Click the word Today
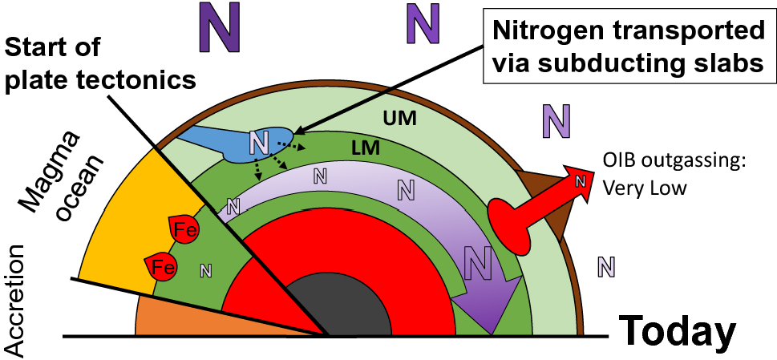point(678,330)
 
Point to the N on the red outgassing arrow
point(578,180)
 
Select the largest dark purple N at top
point(219,27)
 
